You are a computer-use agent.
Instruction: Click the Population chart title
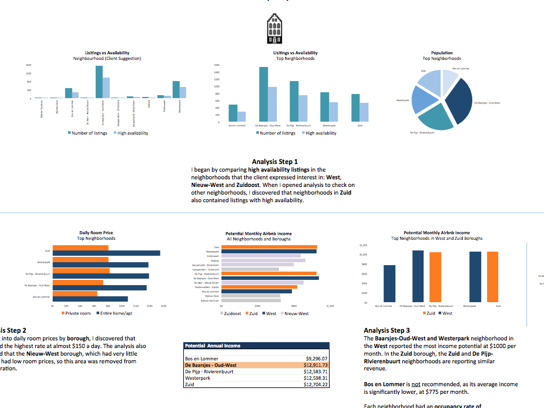pyautogui.click(x=442, y=53)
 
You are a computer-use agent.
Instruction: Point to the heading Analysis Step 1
pyautogui.click(x=274, y=162)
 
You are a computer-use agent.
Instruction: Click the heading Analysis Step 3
pyautogui.click(x=387, y=330)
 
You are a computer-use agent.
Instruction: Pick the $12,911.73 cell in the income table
pyautogui.click(x=315, y=365)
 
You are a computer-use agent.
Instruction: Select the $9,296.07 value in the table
pyautogui.click(x=316, y=358)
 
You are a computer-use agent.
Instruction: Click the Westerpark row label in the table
pyautogui.click(x=197, y=378)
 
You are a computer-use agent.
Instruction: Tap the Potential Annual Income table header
pyautogui.click(x=212, y=346)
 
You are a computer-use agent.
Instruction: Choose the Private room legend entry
pyautogui.click(x=76, y=313)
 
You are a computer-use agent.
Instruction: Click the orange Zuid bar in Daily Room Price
pyautogui.click(x=80, y=247)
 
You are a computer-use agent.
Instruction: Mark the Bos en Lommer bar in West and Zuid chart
pyautogui.click(x=389, y=283)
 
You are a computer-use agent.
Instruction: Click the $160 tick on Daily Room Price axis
pyautogui.click(x=164, y=306)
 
